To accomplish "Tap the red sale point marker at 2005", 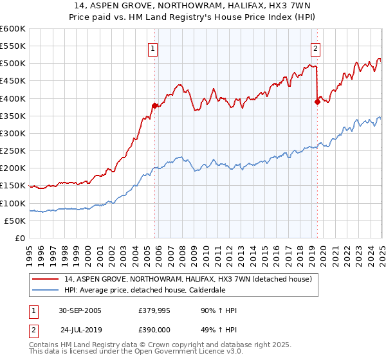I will pyautogui.click(x=154, y=105).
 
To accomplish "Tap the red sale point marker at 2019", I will pyautogui.click(x=317, y=102).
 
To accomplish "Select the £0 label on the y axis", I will pyautogui.click(x=21, y=238).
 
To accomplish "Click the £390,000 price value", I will pyautogui.click(x=154, y=329).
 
